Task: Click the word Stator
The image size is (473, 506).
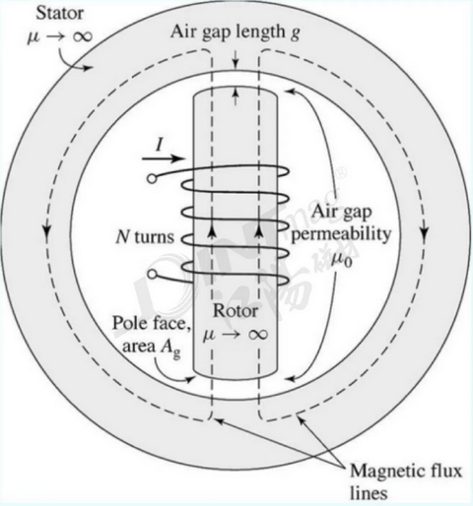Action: pos(60,14)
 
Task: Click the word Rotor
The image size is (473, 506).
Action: pos(236,310)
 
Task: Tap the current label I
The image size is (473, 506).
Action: pos(160,145)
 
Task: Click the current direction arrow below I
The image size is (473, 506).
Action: pos(163,158)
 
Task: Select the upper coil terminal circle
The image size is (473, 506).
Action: pos(152,179)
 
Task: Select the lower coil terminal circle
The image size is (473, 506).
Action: pos(152,274)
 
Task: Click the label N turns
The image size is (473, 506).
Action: pos(145,236)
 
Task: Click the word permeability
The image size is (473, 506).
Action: pos(341,235)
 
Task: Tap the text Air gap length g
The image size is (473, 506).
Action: pos(236,32)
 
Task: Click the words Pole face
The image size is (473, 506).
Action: pos(152,323)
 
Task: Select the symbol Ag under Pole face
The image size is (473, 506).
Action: pos(170,348)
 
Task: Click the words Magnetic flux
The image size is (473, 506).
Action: pos(406,471)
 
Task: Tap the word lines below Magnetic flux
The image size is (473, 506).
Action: pos(369,492)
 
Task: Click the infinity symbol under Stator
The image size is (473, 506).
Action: pos(82,36)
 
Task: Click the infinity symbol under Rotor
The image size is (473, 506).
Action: pos(258,335)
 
